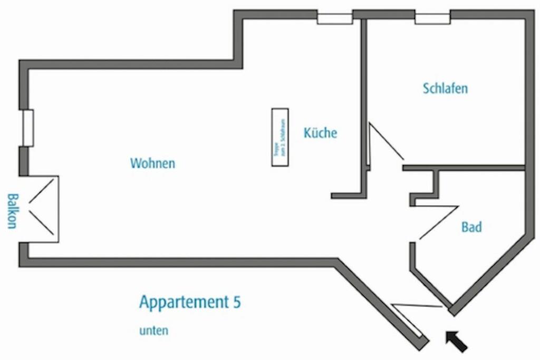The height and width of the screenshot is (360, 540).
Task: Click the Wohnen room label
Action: (x=152, y=163)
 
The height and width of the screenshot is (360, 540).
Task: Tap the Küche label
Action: (x=320, y=133)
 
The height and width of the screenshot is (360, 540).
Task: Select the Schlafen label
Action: (x=445, y=88)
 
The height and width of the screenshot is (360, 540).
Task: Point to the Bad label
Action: (x=471, y=227)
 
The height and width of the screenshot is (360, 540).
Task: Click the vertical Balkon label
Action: (x=12, y=211)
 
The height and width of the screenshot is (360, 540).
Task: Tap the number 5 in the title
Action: (x=237, y=302)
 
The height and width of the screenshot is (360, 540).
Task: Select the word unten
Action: (x=153, y=331)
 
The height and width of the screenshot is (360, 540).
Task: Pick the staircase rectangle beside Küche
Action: (x=280, y=137)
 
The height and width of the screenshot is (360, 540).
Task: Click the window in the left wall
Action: (x=28, y=128)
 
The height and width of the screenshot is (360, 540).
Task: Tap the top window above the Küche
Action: (x=334, y=18)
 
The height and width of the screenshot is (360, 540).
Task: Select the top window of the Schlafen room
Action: (x=432, y=18)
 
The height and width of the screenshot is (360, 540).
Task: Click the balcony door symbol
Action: (x=43, y=209)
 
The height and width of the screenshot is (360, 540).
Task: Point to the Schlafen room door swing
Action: (x=385, y=143)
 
